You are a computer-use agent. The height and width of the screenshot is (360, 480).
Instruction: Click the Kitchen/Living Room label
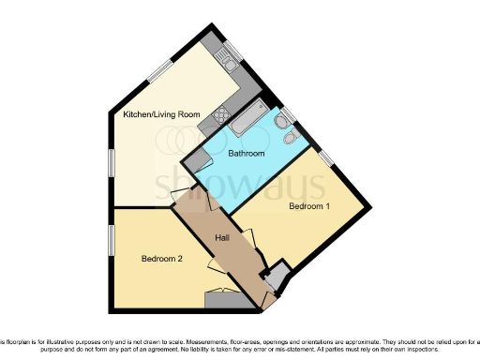click(x=162, y=114)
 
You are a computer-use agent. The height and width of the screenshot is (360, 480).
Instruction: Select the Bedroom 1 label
click(x=309, y=205)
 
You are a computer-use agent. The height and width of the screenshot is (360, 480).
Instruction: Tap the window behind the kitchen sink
click(x=233, y=51)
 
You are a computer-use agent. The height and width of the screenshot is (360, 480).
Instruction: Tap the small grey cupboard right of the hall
click(x=275, y=278)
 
